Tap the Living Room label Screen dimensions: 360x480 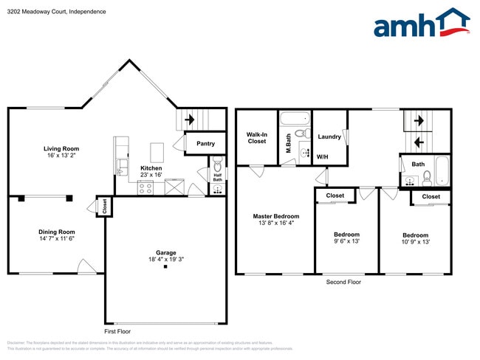pos(61,148)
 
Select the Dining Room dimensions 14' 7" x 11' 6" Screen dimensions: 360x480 pos(56,238)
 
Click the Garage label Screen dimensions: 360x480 pos(165,252)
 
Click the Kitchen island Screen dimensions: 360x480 pos(157,152)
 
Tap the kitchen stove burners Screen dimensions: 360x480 pos(145,188)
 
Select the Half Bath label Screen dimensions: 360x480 pos(217,176)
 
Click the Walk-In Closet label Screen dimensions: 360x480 pos(256,137)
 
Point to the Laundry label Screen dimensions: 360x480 pos(329,136)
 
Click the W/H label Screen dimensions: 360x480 pos(323,157)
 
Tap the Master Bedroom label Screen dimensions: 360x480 pos(276,216)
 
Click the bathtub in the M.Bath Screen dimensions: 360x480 pos(295,117)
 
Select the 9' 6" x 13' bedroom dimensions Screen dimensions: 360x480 pos(346,241)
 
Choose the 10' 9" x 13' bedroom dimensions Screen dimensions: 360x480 pos(416,241)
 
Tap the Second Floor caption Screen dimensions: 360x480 pos(343,282)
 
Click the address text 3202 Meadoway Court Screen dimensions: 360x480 pos(37,12)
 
